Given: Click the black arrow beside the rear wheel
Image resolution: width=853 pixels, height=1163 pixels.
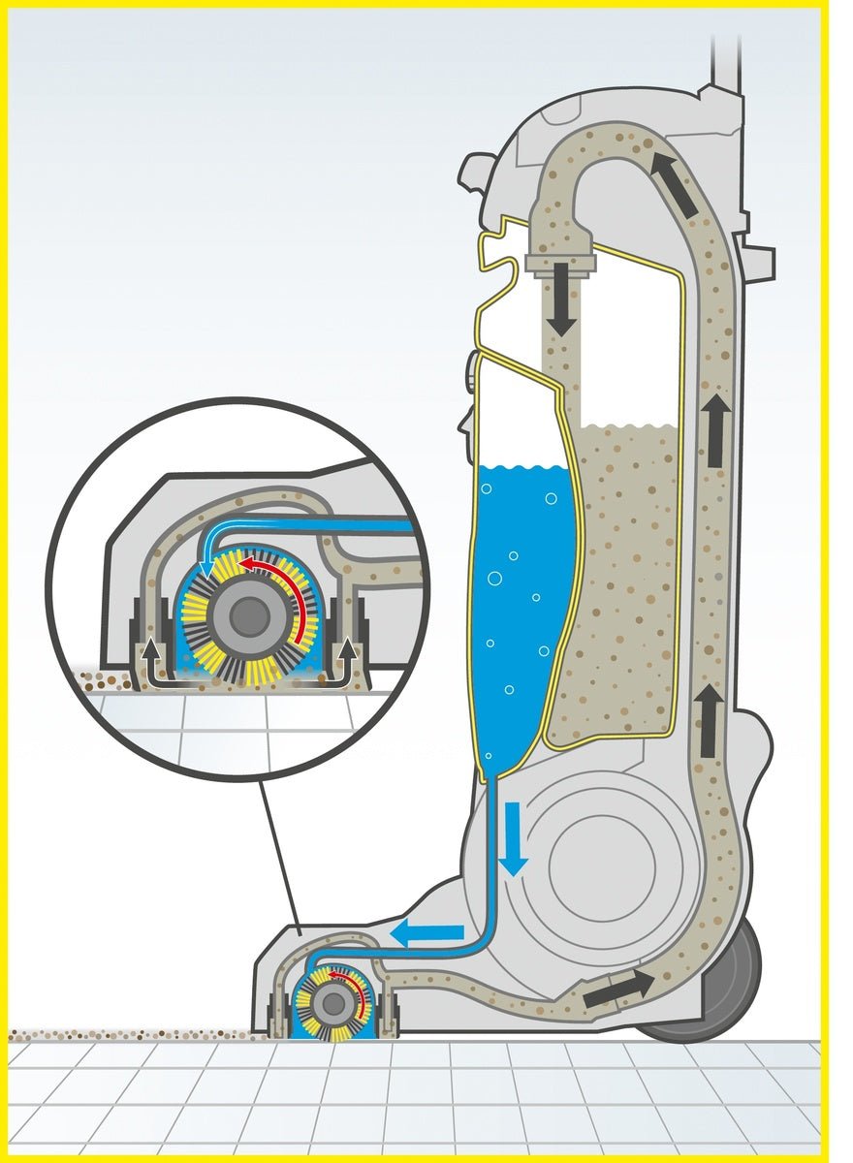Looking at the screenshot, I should pyautogui.click(x=618, y=989).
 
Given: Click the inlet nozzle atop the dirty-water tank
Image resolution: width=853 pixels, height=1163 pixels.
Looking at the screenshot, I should pyautogui.click(x=560, y=260).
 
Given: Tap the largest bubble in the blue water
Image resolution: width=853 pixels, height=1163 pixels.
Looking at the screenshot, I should pyautogui.click(x=494, y=580).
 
